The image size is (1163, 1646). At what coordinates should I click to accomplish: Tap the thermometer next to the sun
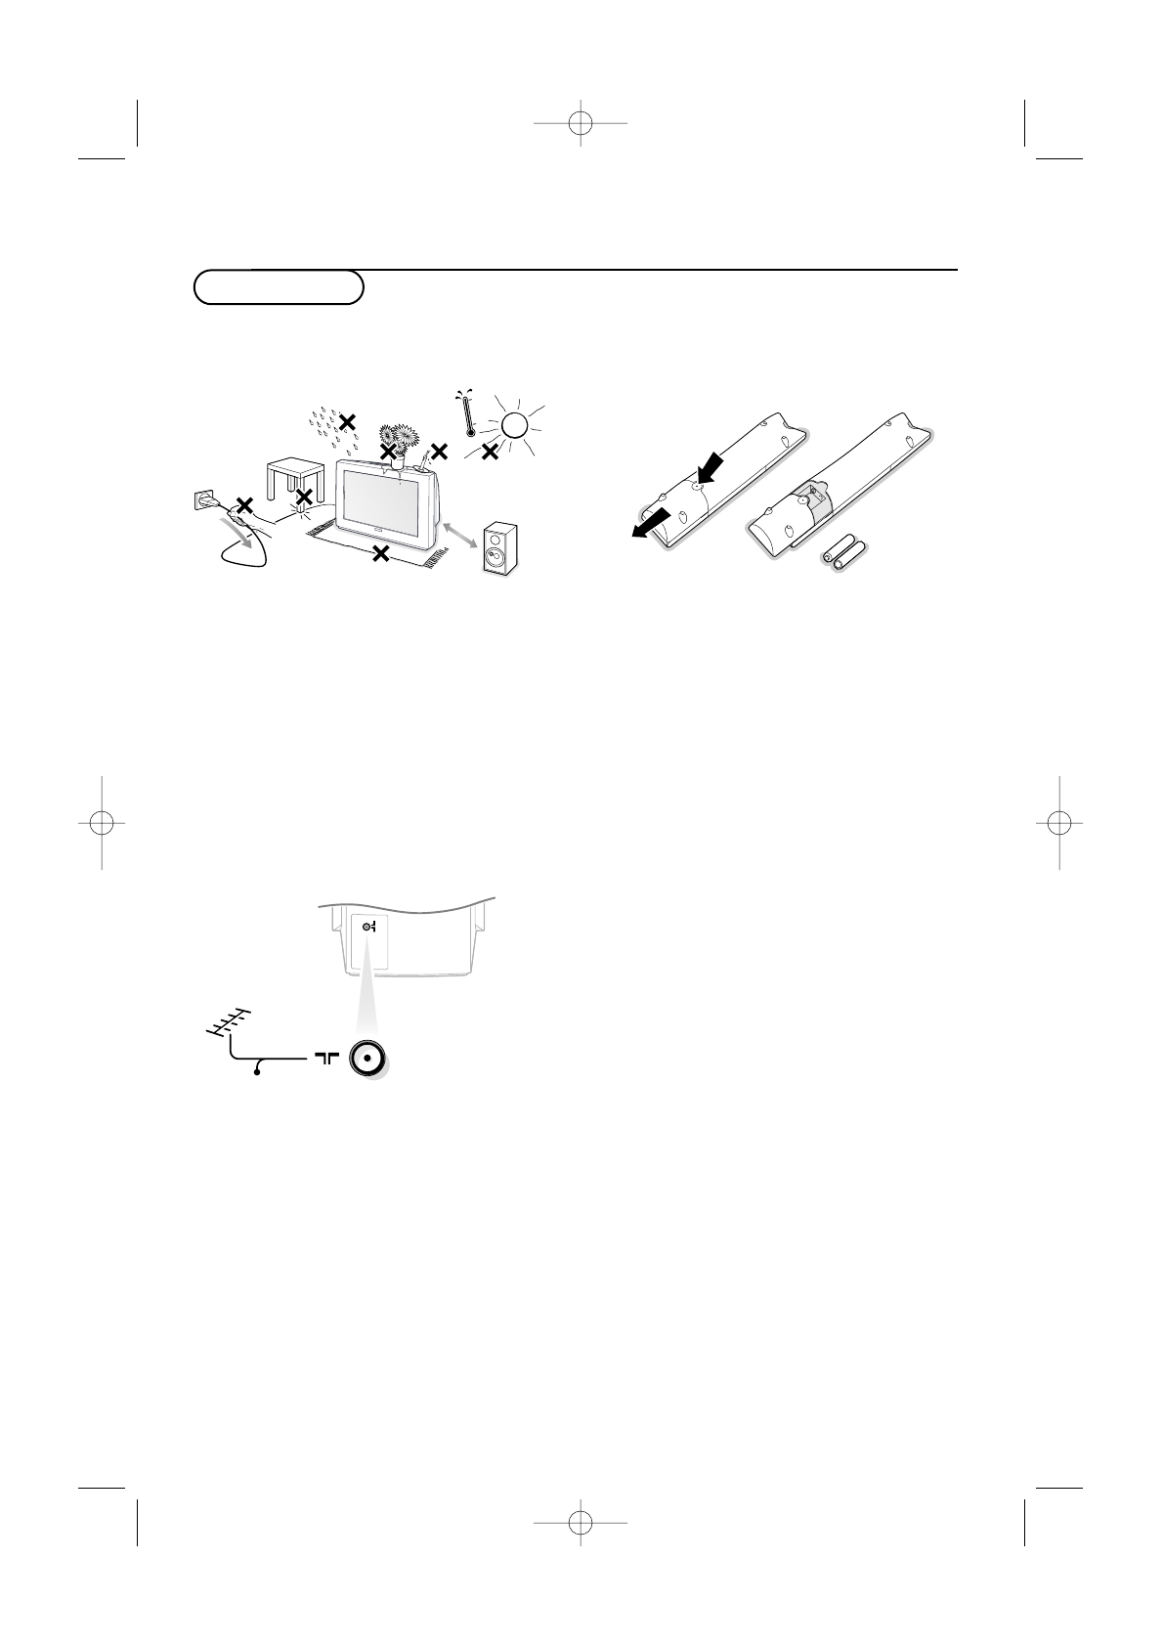(x=468, y=414)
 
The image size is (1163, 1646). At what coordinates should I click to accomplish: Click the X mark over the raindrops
(x=347, y=421)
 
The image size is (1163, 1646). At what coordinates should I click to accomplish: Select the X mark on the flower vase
(x=389, y=452)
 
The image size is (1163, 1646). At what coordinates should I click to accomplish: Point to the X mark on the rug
(x=381, y=554)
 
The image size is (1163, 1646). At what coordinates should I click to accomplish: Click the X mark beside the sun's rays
(x=490, y=451)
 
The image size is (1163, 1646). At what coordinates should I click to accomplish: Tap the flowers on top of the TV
(x=397, y=438)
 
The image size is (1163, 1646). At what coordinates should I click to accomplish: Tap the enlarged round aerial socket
(x=366, y=1058)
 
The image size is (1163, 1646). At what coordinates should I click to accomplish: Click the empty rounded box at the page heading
(x=279, y=287)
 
